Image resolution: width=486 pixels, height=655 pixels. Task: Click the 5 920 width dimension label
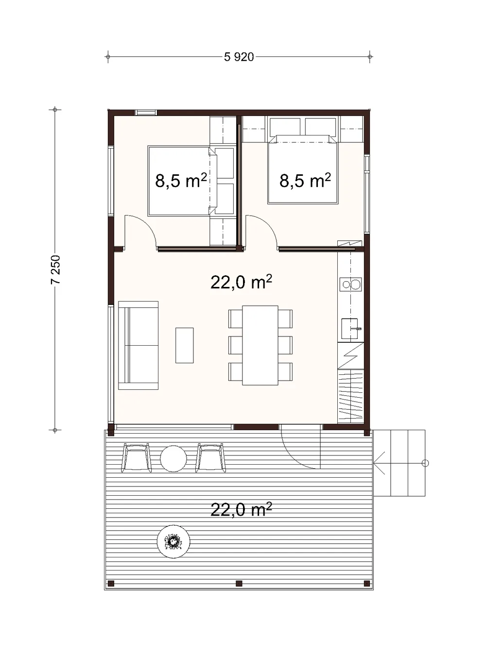[x=239, y=57]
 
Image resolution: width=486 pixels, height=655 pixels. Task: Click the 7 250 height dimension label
[x=55, y=270]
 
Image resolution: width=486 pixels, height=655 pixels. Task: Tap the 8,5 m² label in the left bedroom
[x=181, y=180]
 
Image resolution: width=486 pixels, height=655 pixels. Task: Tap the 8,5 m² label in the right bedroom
[x=305, y=180]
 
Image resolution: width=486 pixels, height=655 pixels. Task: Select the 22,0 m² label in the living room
[x=241, y=282]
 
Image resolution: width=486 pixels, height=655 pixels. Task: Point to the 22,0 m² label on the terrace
[x=241, y=509]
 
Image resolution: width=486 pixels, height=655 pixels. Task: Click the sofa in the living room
[x=139, y=346]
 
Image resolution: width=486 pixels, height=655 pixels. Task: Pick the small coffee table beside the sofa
[x=185, y=345]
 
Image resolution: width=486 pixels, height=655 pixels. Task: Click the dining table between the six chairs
[x=260, y=345]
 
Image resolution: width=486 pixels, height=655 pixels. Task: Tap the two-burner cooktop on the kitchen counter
[x=350, y=285]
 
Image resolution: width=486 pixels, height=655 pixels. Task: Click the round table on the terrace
[x=174, y=459]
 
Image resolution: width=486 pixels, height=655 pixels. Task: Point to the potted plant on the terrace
[x=174, y=541]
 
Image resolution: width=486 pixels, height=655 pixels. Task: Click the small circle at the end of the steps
[x=425, y=463]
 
